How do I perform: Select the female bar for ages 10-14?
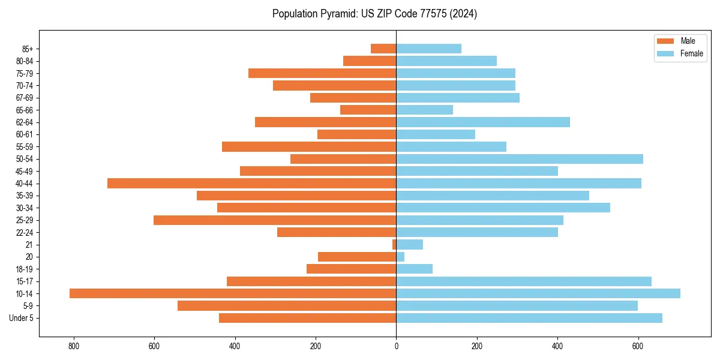[538, 293]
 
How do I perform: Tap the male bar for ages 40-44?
[252, 183]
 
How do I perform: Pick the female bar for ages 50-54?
[520, 159]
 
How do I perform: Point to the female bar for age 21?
[410, 244]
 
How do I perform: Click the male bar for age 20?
[357, 257]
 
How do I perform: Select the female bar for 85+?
[429, 49]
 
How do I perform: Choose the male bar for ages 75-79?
[322, 73]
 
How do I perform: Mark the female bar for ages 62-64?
[483, 122]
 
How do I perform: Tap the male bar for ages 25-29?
[275, 220]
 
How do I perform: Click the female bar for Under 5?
[529, 318]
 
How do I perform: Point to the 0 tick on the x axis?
[396, 346]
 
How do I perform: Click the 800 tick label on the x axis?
[74, 346]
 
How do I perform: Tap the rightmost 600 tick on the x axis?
[638, 346]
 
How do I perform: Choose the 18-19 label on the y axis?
[24, 269]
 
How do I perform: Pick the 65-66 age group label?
[24, 110]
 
